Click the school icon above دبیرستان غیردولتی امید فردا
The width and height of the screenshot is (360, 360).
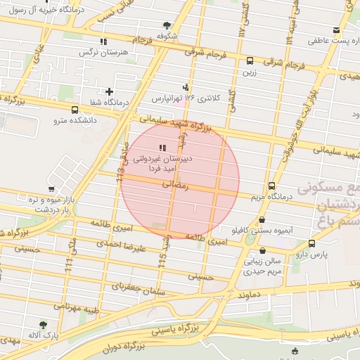pyautogui.click(x=162, y=148)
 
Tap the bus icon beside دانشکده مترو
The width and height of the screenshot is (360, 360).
pyautogui.click(x=75, y=110)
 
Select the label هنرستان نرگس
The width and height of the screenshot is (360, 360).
pyautogui.click(x=96, y=52)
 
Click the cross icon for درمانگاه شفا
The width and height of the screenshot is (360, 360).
pyautogui.click(x=109, y=91)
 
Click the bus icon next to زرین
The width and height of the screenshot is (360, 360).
pyautogui.click(x=250, y=60)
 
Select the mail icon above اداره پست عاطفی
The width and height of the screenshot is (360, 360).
pyautogui.click(x=337, y=30)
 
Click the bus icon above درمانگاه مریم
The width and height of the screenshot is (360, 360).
pyautogui.click(x=272, y=186)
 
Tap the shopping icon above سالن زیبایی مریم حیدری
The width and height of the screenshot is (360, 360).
pyautogui.click(x=262, y=250)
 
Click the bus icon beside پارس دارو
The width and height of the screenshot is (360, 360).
pyautogui.click(x=311, y=243)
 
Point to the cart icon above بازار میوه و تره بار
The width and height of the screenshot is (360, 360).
pyautogui.click(x=51, y=189)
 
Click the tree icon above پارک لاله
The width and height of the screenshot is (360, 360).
pyautogui.click(x=44, y=326)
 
